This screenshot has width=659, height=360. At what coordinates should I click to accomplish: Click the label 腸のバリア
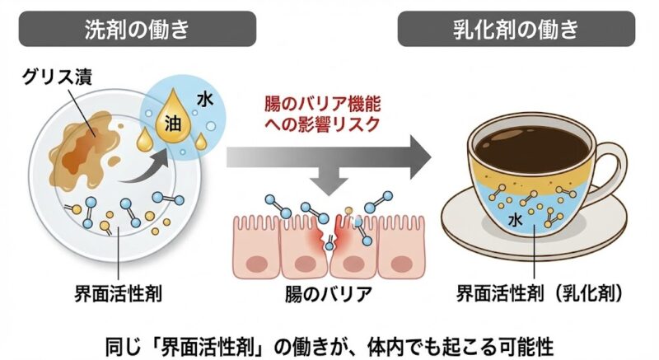coord(329,293)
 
